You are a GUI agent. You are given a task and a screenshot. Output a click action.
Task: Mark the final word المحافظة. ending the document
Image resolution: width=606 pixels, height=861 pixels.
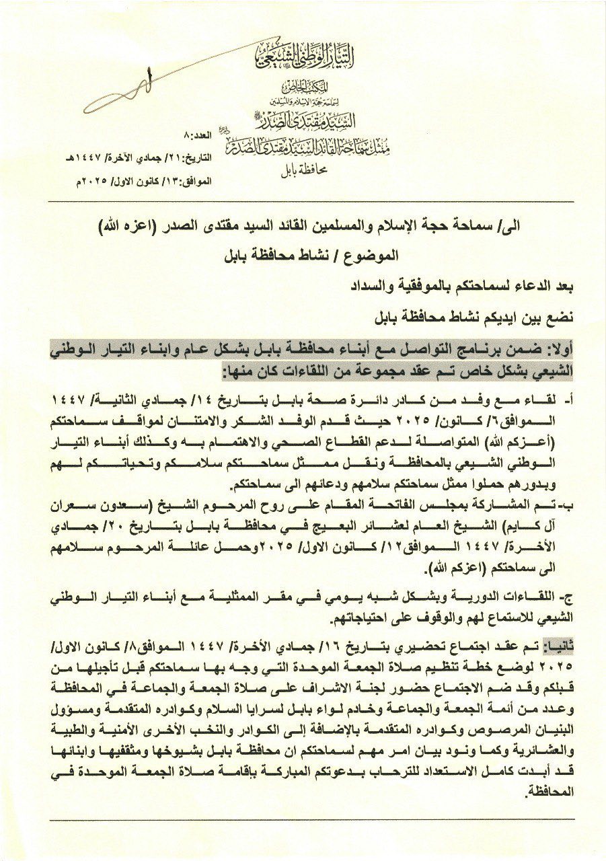tap(549, 792)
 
